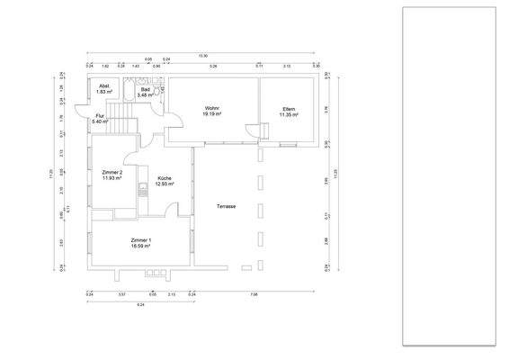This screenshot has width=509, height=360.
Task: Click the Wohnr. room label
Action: tap(212, 109)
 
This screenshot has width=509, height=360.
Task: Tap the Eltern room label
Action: tap(288, 109)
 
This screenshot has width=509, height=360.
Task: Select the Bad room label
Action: tap(146, 90)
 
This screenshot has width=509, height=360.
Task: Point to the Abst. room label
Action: tap(104, 87)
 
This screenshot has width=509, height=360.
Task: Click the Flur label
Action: tap(100, 115)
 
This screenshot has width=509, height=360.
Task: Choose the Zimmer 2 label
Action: tap(112, 172)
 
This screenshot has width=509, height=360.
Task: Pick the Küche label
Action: tap(165, 178)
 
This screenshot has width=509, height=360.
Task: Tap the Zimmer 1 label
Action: tap(141, 239)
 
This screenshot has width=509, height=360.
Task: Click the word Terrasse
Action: tap(226, 206)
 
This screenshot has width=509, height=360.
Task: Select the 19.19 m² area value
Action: tap(212, 114)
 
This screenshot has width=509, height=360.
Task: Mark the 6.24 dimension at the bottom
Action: tap(141, 306)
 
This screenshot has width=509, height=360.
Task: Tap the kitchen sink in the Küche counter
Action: tap(142, 190)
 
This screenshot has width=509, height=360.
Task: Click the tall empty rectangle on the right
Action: tap(448, 175)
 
